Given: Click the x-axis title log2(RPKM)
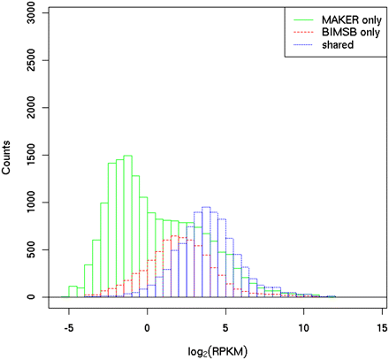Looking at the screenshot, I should click(x=225, y=349).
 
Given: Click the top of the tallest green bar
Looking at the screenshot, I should click(x=127, y=157).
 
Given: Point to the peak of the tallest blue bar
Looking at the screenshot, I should click(x=206, y=208).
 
